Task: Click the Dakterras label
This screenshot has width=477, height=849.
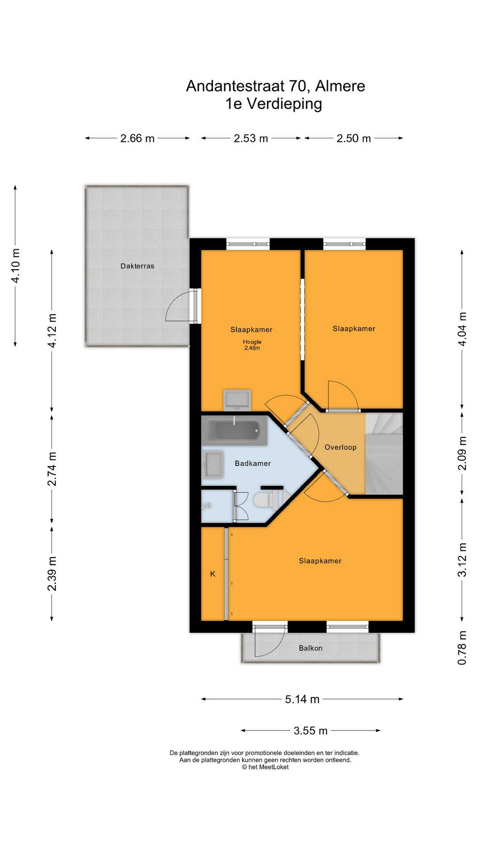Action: pyautogui.click(x=137, y=266)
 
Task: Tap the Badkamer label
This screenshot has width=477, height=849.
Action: pyautogui.click(x=253, y=463)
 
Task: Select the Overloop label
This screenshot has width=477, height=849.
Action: pyautogui.click(x=341, y=447)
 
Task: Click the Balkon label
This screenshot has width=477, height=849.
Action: pyautogui.click(x=310, y=648)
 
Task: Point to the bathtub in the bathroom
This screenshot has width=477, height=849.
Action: pyautogui.click(x=235, y=430)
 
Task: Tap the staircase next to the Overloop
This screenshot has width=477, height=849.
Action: pyautogui.click(x=384, y=454)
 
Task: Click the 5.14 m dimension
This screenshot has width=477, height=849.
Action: pyautogui.click(x=302, y=699)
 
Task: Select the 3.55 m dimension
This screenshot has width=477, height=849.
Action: pyautogui.click(x=310, y=730)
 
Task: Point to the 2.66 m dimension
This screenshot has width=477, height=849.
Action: pyautogui.click(x=137, y=138)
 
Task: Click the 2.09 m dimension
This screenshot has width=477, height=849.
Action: pyautogui.click(x=462, y=454)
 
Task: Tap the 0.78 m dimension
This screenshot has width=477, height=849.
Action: pyautogui.click(x=462, y=648)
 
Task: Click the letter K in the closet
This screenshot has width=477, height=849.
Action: pyautogui.click(x=212, y=574)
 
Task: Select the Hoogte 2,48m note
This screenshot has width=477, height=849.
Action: pyautogui.click(x=252, y=345)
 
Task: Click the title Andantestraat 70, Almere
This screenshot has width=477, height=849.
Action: pyautogui.click(x=276, y=86)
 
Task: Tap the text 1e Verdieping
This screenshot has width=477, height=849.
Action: pyautogui.click(x=273, y=103)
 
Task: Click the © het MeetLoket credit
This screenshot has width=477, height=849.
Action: pyautogui.click(x=265, y=767)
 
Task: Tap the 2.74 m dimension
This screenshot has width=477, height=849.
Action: pyautogui.click(x=52, y=469)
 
